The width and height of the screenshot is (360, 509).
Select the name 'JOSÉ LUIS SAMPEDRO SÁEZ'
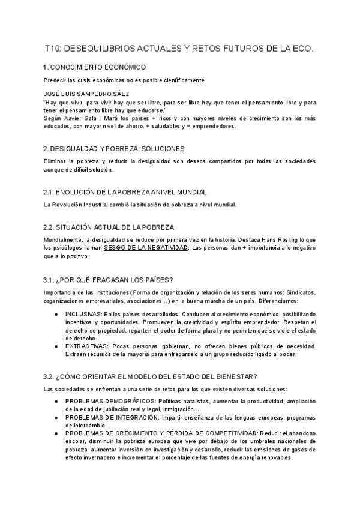point(86,94)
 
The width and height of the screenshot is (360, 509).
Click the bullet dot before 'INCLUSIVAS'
point(56,314)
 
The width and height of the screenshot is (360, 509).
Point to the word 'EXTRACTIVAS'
point(85,346)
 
